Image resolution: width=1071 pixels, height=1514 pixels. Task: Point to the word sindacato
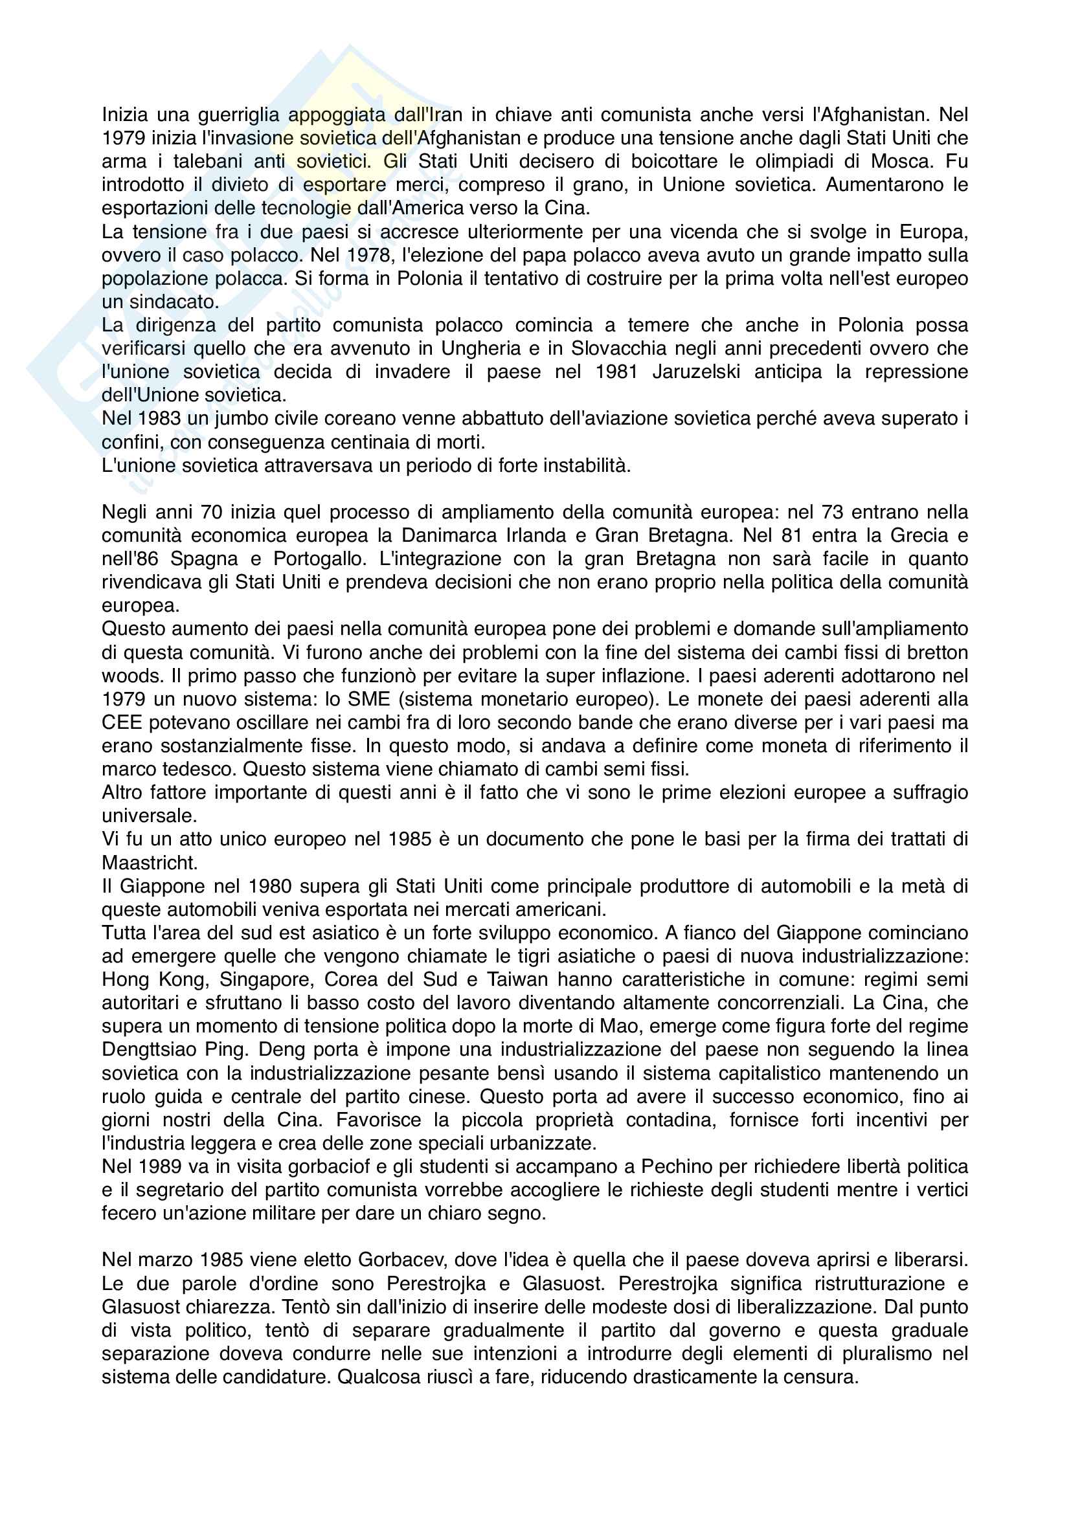(173, 302)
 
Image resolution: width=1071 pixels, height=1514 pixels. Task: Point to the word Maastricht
(150, 862)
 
